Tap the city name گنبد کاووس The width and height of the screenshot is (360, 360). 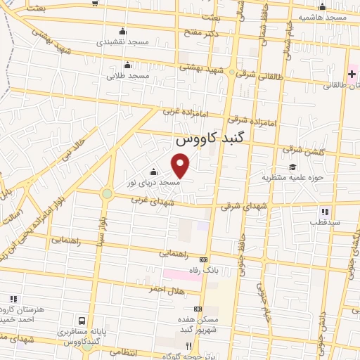click(211, 139)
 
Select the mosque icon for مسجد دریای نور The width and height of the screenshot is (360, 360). click(153, 172)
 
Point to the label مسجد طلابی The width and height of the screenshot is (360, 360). click(129, 75)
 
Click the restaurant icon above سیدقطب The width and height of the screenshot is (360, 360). click(324, 211)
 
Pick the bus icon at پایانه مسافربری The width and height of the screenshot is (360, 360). click(84, 321)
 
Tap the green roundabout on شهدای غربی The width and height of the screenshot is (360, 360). click(107, 193)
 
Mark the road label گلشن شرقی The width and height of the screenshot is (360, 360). click(301, 150)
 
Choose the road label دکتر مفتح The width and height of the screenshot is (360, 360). click(202, 32)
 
